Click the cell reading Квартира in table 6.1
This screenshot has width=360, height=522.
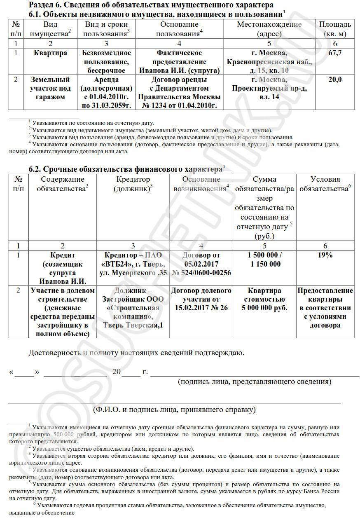tap(51, 53)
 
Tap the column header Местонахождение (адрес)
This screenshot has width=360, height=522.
tap(269, 29)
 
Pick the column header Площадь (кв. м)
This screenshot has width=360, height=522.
tap(335, 29)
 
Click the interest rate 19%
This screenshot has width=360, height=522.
tap(325, 255)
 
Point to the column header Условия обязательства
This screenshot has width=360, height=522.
tap(325, 184)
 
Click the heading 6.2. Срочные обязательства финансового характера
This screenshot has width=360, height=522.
tap(125, 169)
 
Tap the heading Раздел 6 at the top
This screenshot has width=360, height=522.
tap(151, 5)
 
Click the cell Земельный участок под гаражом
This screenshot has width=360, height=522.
tap(51, 88)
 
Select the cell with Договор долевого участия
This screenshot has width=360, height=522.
tap(201, 299)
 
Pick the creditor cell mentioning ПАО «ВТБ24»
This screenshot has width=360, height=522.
tap(133, 264)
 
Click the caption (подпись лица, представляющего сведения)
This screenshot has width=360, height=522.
tap(255, 382)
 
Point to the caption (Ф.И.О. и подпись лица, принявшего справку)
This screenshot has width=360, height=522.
tap(174, 410)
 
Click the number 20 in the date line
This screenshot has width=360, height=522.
tap(117, 372)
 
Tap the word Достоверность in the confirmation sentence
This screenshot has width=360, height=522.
tap(54, 353)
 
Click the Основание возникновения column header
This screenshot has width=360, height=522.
tap(201, 184)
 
